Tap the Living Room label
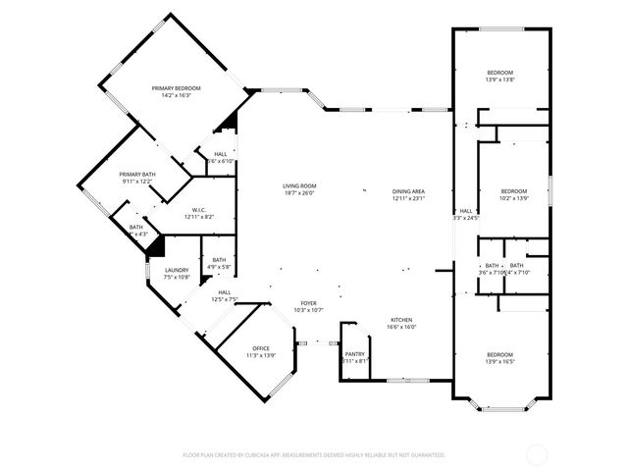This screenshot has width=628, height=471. [x=299, y=185]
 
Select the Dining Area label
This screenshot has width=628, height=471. [x=408, y=191]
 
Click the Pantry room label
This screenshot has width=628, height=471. [x=354, y=355]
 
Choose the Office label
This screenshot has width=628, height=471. [x=260, y=348]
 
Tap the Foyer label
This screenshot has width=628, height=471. [x=309, y=304]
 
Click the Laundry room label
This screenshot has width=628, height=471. [x=177, y=270]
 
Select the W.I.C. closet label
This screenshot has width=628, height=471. [x=197, y=209]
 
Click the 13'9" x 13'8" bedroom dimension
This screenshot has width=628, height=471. [x=500, y=80]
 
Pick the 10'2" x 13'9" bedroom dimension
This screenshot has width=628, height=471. [x=513, y=198]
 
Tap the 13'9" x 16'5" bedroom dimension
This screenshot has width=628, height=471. [x=500, y=361]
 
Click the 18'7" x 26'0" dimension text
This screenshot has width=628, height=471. [x=299, y=192]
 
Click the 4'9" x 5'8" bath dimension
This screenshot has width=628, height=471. [x=218, y=267]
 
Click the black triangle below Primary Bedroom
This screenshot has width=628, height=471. [x=232, y=122]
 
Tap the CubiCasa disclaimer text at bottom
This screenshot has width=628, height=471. [x=314, y=455]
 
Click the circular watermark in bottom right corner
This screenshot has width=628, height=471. [x=537, y=454]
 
